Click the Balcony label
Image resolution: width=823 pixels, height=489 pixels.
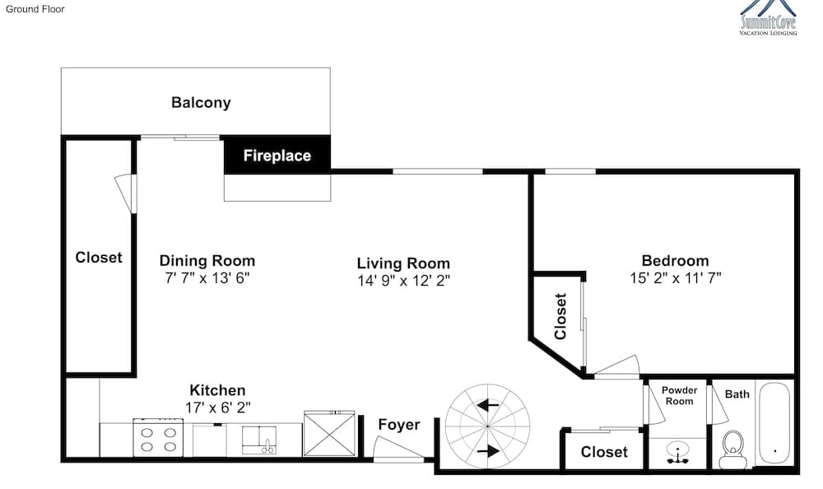(x=201, y=102)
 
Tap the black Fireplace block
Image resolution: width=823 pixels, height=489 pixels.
(x=277, y=155)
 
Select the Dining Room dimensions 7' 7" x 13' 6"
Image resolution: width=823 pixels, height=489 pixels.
(x=207, y=278)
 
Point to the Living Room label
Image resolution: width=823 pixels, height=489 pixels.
(x=403, y=263)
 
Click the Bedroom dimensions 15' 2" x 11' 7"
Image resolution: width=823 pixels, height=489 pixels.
(x=676, y=278)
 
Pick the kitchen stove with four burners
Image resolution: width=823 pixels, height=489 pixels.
(x=158, y=437)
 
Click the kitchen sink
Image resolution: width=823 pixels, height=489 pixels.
(x=258, y=440)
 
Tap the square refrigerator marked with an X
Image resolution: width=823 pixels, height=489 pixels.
(x=329, y=434)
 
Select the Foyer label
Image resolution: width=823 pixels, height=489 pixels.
(x=399, y=425)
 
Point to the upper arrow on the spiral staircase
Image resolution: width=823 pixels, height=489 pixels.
(x=487, y=406)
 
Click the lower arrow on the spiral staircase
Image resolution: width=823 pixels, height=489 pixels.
(x=487, y=450)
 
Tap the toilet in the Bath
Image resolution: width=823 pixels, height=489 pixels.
(x=732, y=449)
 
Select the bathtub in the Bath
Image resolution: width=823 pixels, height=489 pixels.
(x=774, y=423)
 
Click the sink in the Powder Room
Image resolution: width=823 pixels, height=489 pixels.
(x=679, y=453)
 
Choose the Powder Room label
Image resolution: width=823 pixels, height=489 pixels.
(x=679, y=395)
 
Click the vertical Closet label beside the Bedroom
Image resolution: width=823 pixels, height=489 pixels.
(x=560, y=316)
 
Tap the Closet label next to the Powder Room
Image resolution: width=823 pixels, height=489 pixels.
(x=604, y=452)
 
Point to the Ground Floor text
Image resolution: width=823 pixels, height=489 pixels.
(x=35, y=9)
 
